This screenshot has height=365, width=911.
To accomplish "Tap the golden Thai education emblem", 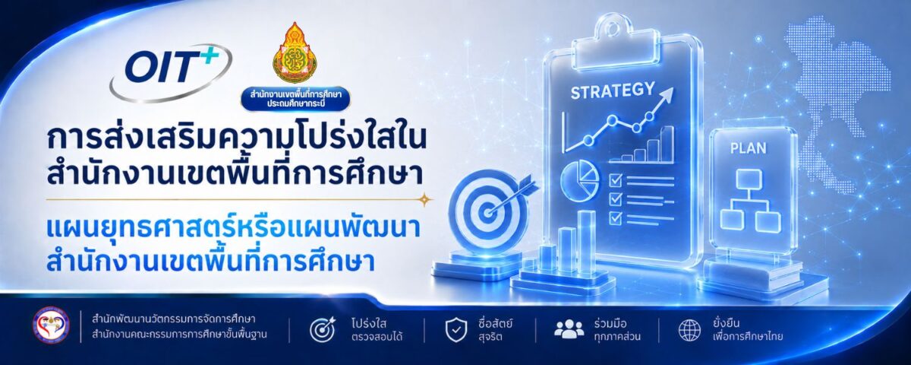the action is [295, 52].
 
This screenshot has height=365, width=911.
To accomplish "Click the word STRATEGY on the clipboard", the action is [613, 90].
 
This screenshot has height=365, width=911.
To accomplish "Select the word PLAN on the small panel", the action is [748, 148].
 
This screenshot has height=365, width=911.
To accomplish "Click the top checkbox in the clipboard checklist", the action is [616, 179].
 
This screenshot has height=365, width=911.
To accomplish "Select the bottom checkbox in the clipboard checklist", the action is [616, 218].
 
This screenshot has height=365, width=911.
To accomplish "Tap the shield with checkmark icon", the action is [456, 330].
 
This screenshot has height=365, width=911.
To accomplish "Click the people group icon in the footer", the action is [569, 328].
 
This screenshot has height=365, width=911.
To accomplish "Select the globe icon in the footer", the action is [690, 330].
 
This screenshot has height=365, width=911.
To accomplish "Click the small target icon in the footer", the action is [323, 329].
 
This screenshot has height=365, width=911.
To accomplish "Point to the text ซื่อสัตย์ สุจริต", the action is [495, 330].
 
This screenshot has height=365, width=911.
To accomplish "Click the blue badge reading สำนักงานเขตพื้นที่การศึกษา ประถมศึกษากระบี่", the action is [295, 99].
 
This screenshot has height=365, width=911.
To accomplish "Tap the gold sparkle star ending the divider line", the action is [425, 199].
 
